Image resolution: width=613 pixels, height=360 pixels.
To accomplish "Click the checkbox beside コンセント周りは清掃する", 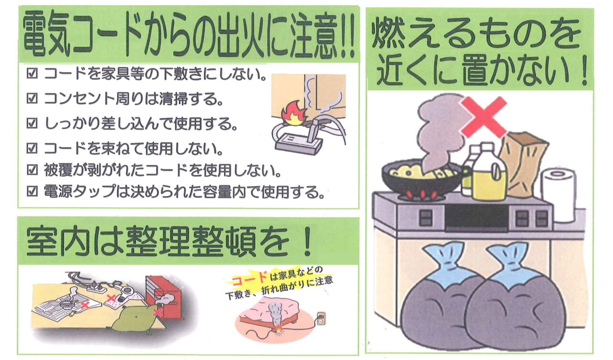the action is (x=32, y=98).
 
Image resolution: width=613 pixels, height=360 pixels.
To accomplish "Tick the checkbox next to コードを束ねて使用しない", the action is (x=32, y=148).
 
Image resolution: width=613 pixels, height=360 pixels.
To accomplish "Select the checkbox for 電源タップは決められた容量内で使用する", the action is (x=32, y=191).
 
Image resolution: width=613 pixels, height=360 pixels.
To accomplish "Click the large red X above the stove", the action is (x=484, y=117).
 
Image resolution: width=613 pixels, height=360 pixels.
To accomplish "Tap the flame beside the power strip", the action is (x=294, y=114).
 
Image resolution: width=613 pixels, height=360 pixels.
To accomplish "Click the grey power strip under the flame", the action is (x=299, y=143).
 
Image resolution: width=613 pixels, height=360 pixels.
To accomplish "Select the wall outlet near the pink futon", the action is (x=321, y=319).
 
